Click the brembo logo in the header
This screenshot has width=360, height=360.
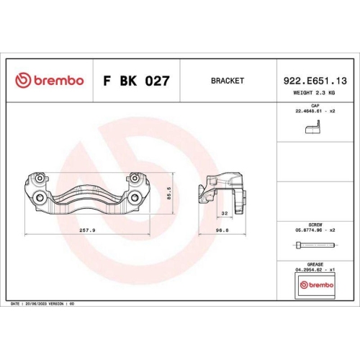click(x=50, y=81)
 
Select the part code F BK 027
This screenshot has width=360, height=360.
click(x=136, y=81)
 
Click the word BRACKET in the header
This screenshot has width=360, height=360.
click(x=228, y=81)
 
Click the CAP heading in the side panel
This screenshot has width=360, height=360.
click(x=315, y=105)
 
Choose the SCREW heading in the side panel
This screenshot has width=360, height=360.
click(x=315, y=224)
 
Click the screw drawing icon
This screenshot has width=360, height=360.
click(x=315, y=247)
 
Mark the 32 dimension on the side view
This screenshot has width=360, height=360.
click(x=225, y=213)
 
